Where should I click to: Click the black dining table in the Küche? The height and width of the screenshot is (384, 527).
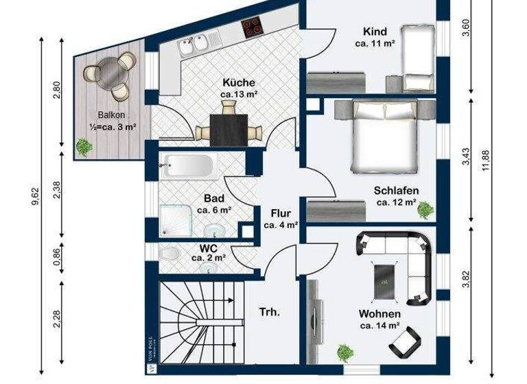(x=229, y=128)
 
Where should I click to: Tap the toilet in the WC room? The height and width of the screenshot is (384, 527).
(x=169, y=254)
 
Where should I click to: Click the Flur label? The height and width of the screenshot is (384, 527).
(x=281, y=213)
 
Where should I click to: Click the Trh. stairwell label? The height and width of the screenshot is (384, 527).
(x=268, y=313)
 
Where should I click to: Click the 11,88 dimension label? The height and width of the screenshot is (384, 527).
(x=486, y=161)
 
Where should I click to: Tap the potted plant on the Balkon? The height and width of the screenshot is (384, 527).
(x=85, y=146)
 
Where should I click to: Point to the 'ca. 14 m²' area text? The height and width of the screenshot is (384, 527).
(x=379, y=326)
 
